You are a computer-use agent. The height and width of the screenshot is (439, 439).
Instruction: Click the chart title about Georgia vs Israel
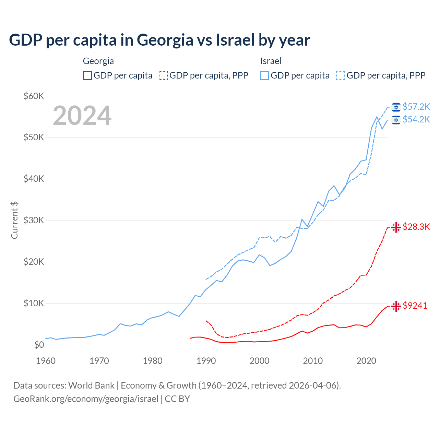pyautogui.click(x=159, y=40)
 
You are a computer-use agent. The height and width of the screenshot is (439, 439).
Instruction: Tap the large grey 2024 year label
pyautogui.click(x=82, y=116)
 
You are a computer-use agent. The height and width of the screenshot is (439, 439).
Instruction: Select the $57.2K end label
pyautogui.click(x=416, y=107)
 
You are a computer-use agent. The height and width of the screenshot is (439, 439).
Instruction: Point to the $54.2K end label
pyautogui.click(x=416, y=119)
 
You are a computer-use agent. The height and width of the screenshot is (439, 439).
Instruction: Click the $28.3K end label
pyautogui.click(x=416, y=227)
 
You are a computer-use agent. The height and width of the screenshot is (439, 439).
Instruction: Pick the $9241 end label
pyautogui.click(x=415, y=306)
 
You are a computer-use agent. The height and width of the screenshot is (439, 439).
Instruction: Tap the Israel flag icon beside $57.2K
pyautogui.click(x=396, y=107)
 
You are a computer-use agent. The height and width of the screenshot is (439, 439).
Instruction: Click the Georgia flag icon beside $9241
pyautogui.click(x=396, y=306)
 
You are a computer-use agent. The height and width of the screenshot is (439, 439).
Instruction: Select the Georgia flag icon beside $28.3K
pyautogui.click(x=396, y=227)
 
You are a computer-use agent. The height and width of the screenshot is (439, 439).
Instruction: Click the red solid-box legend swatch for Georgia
pyautogui.click(x=87, y=75)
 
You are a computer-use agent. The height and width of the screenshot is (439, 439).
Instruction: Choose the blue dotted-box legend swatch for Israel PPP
pyautogui.click(x=341, y=75)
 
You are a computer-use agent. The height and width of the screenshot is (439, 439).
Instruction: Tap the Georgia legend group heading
pyautogui.click(x=98, y=61)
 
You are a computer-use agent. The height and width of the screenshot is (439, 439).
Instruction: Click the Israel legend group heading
pyautogui.click(x=271, y=61)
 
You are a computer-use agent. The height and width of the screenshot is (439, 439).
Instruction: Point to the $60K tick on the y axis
pyautogui.click(x=34, y=96)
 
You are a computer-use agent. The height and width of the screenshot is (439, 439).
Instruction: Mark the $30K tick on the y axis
pyautogui.click(x=34, y=220)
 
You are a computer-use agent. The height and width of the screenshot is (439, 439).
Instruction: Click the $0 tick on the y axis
pyautogui.click(x=39, y=345)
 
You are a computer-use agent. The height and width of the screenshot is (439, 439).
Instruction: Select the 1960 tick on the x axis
pyautogui.click(x=46, y=361)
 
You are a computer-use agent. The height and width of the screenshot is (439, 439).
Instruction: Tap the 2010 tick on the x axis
pyautogui.click(x=313, y=361)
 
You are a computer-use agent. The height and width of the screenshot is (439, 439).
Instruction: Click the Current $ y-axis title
pyautogui.click(x=14, y=220)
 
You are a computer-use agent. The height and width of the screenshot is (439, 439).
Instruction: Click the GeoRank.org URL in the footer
pyautogui.click(x=86, y=399)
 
